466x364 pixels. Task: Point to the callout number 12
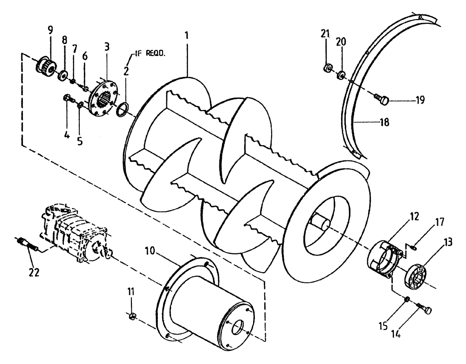[414, 217]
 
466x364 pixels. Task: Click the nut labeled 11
[132, 317]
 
